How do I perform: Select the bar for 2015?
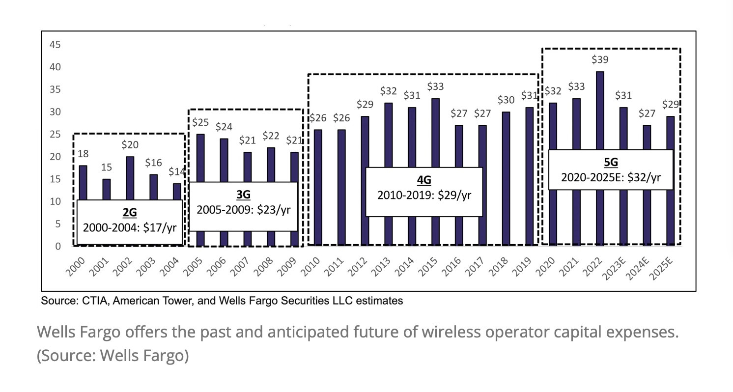[x=435, y=133]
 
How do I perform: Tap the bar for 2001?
[x=107, y=189]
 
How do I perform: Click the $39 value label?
[x=600, y=60]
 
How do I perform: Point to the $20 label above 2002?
[x=130, y=145]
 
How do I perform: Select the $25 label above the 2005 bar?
[x=200, y=122]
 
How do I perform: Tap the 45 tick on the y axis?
[x=55, y=45]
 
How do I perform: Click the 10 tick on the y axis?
[x=55, y=201]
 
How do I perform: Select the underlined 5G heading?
[x=611, y=163]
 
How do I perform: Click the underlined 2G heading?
[x=130, y=213]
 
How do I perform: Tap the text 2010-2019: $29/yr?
[x=424, y=195]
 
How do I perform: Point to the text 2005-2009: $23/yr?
[x=243, y=210]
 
